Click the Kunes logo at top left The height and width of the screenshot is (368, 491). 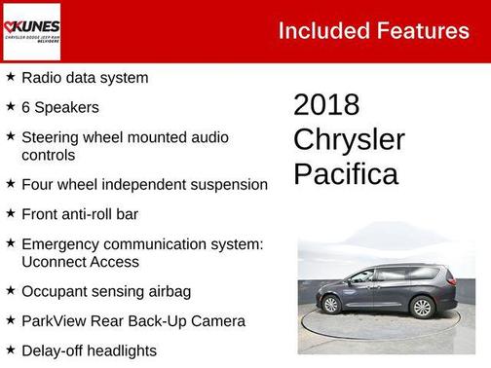(x=32, y=30)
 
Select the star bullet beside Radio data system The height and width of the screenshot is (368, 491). (x=10, y=77)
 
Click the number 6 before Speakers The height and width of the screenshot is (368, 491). (x=25, y=107)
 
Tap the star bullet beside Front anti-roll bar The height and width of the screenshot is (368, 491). (x=10, y=213)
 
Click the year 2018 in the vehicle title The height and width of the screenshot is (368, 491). (x=326, y=105)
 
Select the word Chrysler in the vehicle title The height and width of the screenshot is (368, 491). (x=349, y=139)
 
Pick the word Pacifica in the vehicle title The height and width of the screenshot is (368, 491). (x=346, y=174)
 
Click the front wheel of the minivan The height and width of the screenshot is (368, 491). (x=332, y=306)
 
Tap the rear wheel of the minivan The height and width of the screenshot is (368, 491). (x=422, y=308)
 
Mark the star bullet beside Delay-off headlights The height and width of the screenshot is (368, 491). (x=10, y=350)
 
